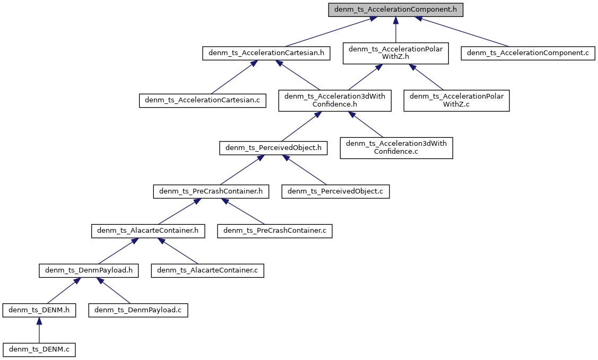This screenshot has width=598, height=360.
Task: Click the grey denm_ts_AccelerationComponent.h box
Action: tap(396, 10)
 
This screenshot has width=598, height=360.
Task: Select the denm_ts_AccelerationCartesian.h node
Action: tap(266, 54)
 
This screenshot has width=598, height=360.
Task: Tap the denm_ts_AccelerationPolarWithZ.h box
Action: tap(396, 54)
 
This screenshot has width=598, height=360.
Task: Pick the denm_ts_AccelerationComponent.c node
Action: tap(528, 54)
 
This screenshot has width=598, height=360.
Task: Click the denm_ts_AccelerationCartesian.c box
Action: tap(203, 100)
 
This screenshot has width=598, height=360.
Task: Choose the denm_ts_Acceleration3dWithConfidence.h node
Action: tap(335, 100)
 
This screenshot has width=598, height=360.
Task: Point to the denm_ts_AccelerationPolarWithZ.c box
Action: tap(456, 100)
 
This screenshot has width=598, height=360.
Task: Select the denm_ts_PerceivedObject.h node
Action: tap(273, 148)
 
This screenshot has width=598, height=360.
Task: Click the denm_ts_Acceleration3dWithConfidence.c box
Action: tap(396, 148)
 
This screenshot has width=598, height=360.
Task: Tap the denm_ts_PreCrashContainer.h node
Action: tap(211, 191)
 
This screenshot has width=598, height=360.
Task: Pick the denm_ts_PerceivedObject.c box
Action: tap(336, 191)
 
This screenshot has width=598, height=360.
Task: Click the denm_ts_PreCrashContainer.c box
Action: tap(275, 231)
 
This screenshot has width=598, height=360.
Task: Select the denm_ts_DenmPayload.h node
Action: tap(89, 270)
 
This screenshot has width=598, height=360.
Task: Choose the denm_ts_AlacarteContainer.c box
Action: tap(207, 270)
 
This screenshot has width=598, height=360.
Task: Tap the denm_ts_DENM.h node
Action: tap(39, 310)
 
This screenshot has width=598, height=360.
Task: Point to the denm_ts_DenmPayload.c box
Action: tap(138, 310)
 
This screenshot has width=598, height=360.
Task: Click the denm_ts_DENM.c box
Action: tap(39, 349)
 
